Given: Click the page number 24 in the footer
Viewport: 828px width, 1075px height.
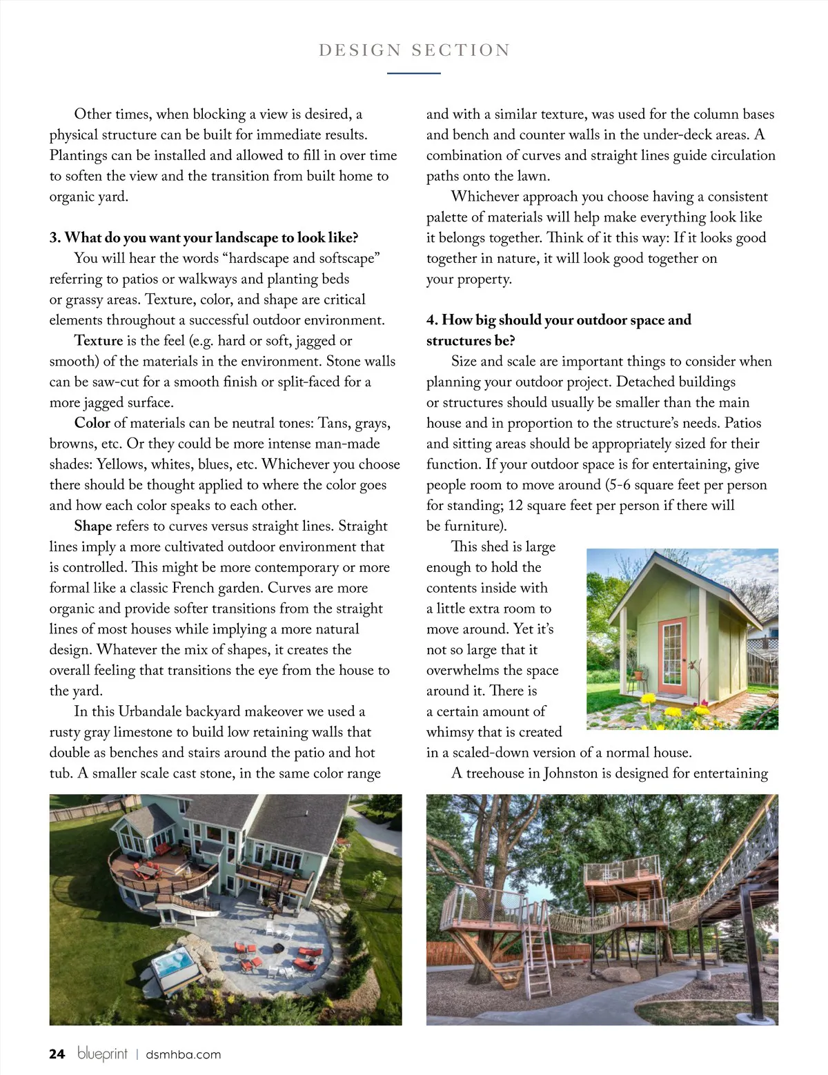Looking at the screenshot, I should [57, 1054].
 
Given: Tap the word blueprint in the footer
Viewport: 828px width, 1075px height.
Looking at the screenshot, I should [102, 1054].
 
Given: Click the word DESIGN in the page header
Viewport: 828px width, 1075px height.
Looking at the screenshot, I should [359, 50].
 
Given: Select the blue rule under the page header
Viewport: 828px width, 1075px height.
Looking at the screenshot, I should [413, 72].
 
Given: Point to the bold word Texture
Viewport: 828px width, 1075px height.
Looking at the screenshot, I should [98, 341].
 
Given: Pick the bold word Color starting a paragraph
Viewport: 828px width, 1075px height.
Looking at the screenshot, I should [92, 423].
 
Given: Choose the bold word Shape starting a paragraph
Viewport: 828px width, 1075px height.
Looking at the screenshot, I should [92, 526].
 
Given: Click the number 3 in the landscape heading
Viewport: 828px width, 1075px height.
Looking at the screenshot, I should [54, 238].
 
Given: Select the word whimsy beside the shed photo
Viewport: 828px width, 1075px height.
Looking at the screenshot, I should [449, 732].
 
